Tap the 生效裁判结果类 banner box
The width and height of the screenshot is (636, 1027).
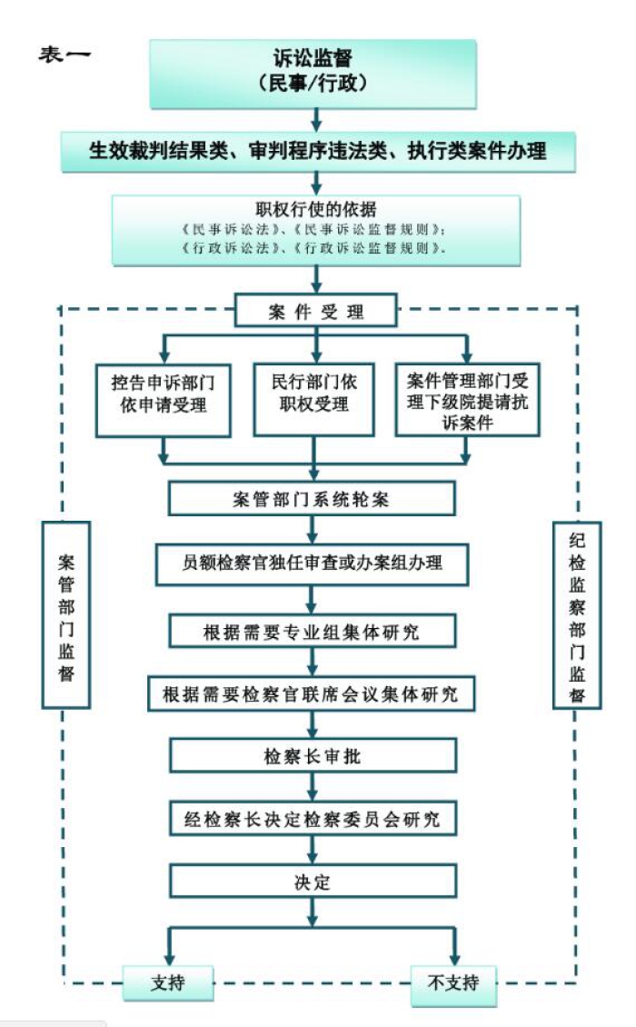[x=317, y=150]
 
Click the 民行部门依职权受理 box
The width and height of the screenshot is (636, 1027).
[x=313, y=393]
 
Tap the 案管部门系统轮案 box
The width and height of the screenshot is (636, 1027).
[x=312, y=498]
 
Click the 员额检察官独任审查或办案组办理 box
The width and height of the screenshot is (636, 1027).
[x=312, y=563]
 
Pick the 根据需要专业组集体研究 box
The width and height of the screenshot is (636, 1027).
[x=312, y=630]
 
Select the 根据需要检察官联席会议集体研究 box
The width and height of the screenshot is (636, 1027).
[x=312, y=694]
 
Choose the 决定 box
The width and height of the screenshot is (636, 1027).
[x=312, y=882]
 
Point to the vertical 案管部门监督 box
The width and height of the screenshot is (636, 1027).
[x=66, y=614]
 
